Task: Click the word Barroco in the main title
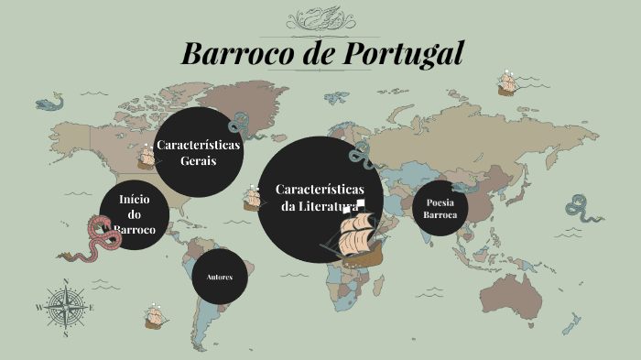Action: point(235,52)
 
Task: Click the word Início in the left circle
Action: point(134,199)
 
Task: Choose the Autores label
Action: point(220,277)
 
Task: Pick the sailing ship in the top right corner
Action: point(507,83)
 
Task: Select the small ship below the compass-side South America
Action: point(155,317)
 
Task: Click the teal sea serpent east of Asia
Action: point(581,208)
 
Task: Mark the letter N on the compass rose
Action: point(66,282)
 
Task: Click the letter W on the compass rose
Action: point(38,309)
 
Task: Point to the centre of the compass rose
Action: point(66,308)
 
